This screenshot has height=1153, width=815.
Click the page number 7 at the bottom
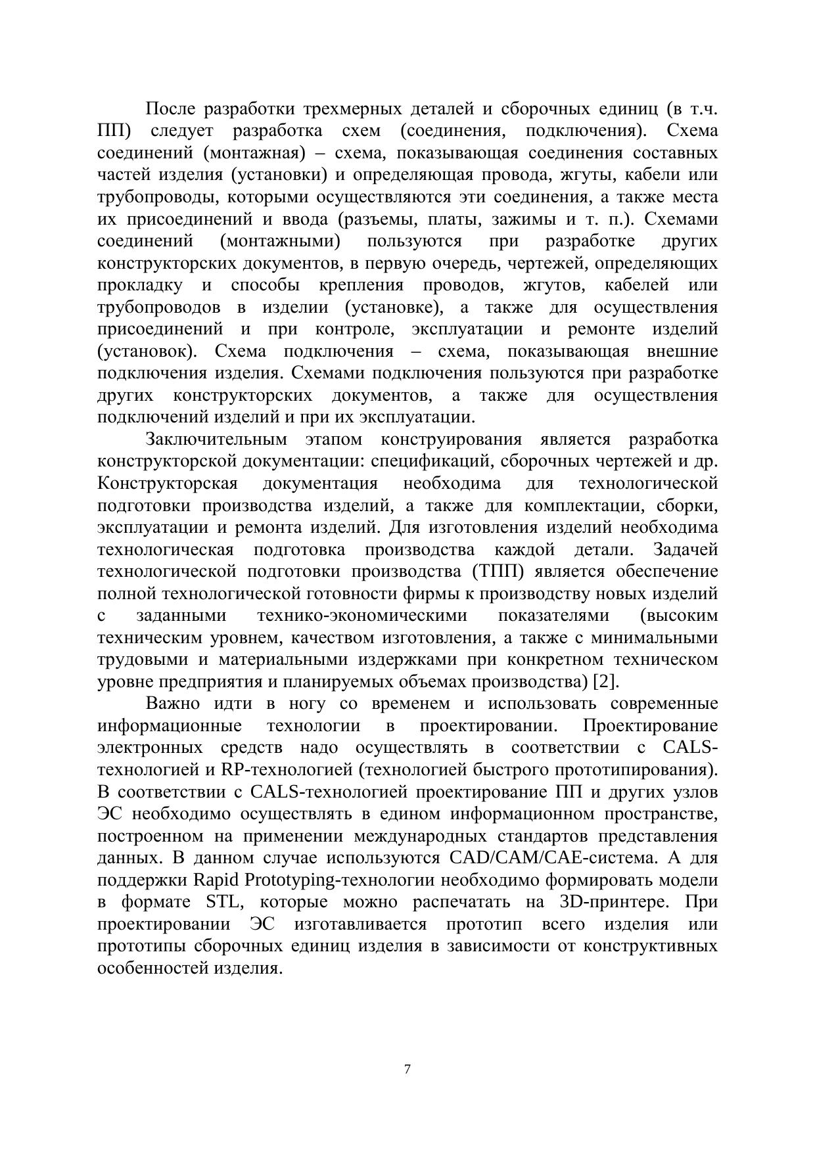(407, 1070)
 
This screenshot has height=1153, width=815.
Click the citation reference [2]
(605, 681)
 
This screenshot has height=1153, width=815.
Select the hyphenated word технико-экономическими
(362, 616)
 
